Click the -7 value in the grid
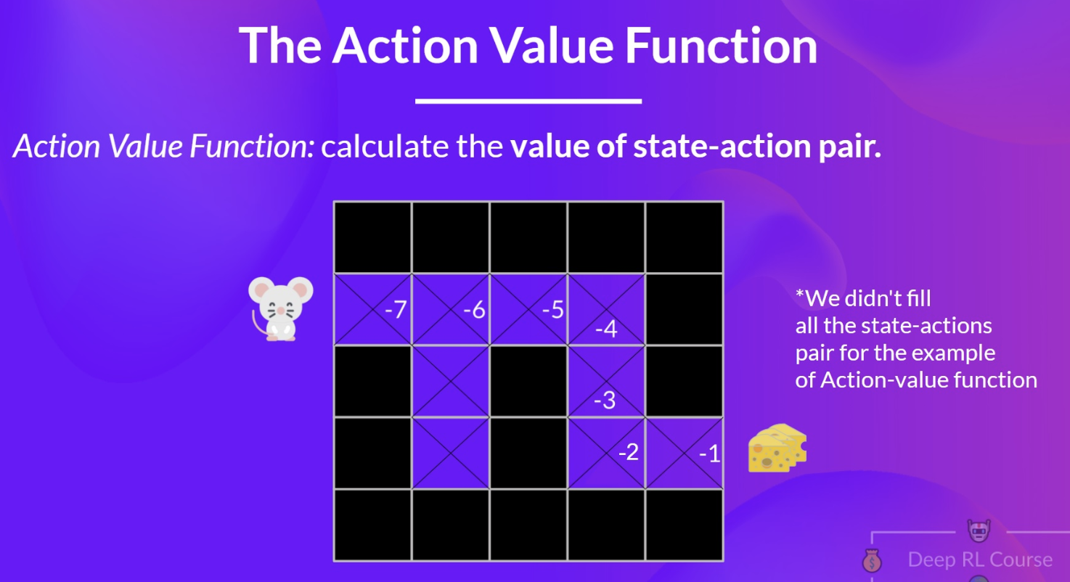tap(396, 310)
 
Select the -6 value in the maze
tap(474, 310)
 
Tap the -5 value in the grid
tap(553, 310)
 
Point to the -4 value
tap(606, 329)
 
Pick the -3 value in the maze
tap(605, 400)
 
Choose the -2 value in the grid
tap(629, 452)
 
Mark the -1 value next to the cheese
tap(709, 454)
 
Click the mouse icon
tap(280, 308)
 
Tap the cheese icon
tap(777, 448)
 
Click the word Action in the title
tap(405, 46)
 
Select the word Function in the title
tap(722, 46)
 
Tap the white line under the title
tap(528, 101)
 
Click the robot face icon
tap(979, 531)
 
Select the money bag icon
tap(872, 560)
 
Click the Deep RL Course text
tap(980, 560)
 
